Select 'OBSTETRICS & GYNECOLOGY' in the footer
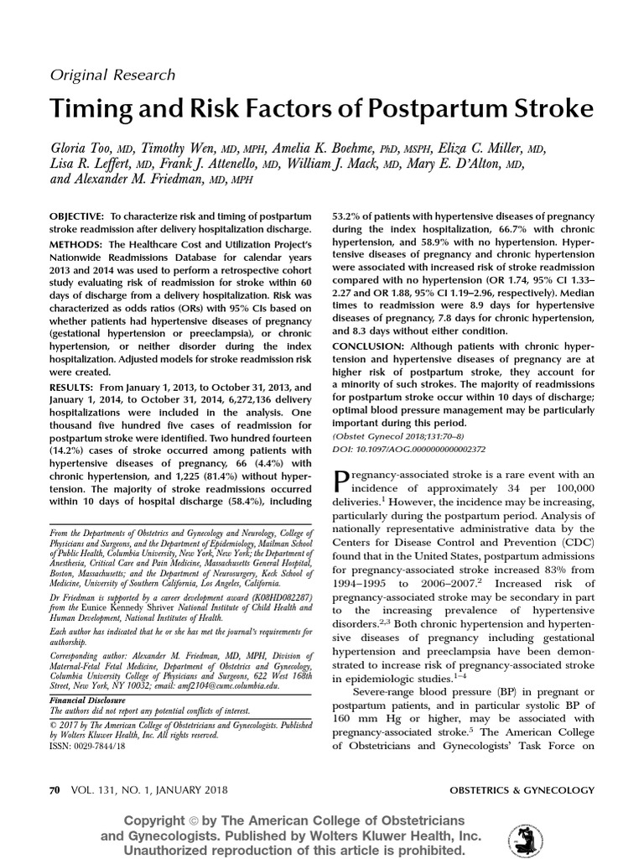coord(522,790)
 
